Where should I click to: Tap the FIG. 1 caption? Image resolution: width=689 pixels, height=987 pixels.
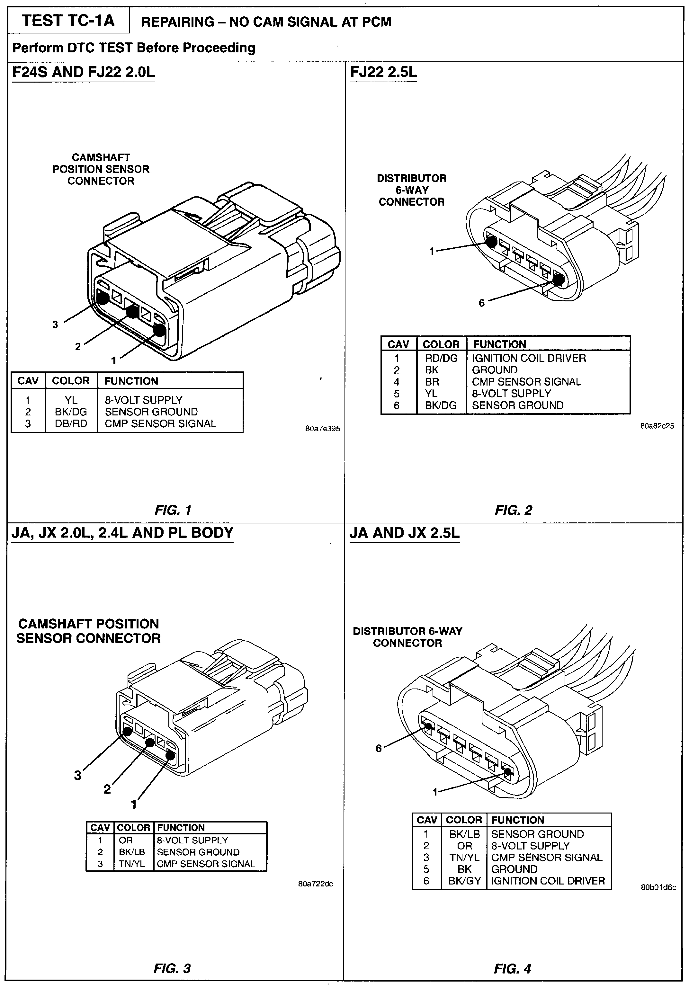[173, 510]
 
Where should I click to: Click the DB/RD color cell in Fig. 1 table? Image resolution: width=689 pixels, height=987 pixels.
[71, 423]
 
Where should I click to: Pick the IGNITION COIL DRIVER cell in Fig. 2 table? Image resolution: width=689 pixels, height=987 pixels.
[529, 358]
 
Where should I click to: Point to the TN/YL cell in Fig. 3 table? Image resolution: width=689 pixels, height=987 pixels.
[132, 864]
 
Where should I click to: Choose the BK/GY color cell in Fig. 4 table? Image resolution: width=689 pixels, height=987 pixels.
[464, 881]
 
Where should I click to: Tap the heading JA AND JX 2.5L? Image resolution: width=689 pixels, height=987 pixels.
[404, 533]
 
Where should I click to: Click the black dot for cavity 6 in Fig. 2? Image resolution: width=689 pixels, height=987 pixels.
[558, 280]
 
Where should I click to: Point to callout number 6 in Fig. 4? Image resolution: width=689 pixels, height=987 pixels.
[379, 748]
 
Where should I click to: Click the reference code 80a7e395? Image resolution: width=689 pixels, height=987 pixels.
[323, 429]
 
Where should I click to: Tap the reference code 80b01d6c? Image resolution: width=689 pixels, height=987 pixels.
[658, 887]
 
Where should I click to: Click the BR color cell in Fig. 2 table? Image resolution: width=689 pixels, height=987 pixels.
[432, 382]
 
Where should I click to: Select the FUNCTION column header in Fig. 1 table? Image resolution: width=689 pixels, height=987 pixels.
[131, 381]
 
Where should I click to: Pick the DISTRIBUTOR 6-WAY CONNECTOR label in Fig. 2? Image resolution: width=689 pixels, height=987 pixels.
[412, 190]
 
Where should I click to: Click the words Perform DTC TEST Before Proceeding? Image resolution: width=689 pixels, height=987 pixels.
[134, 48]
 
